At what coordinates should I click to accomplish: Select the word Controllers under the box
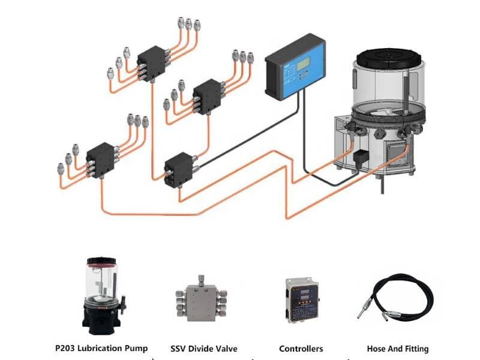pyautogui.click(x=301, y=348)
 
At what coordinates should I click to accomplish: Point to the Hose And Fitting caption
pyautogui.click(x=397, y=348)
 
